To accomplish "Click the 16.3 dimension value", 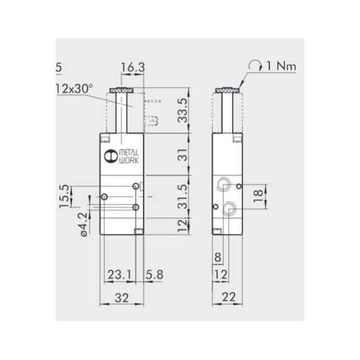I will (132, 68).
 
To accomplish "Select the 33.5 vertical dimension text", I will (183, 110).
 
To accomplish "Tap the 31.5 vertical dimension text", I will (183, 196).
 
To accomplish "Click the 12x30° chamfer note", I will (74, 88).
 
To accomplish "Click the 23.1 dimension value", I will (119, 275).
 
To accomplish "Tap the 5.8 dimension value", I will (154, 275).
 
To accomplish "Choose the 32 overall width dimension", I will (122, 296).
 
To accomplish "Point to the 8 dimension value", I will (217, 258).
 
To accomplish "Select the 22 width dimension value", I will (229, 296).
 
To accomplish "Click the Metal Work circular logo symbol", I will (109, 157).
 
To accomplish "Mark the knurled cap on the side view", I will (228, 91).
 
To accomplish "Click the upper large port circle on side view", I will (224, 183).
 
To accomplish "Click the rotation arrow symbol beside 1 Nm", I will (256, 65).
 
